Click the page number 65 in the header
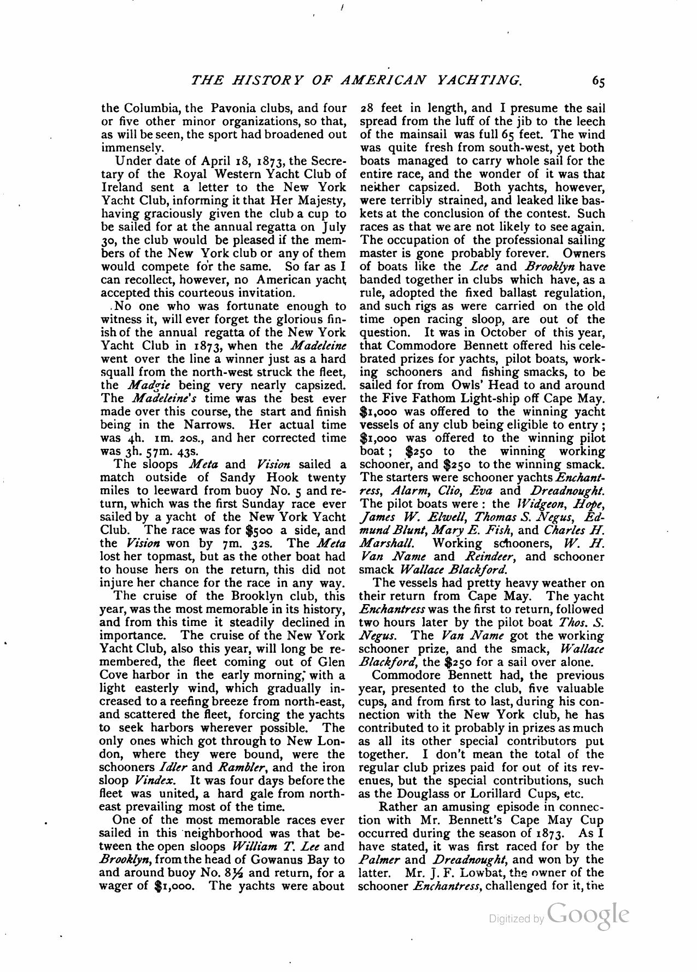click(x=598, y=81)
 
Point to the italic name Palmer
click(x=377, y=860)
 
